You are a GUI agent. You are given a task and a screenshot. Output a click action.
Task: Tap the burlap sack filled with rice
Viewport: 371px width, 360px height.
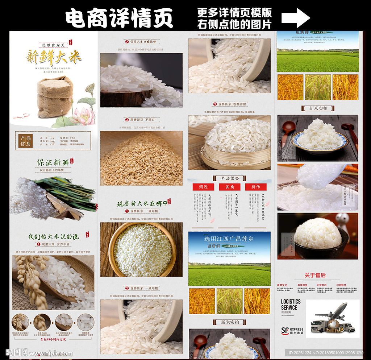[54, 97]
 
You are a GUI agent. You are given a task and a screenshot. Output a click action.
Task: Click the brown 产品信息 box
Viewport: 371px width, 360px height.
[26, 141]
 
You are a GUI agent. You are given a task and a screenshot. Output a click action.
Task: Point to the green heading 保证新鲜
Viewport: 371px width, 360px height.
[53, 162]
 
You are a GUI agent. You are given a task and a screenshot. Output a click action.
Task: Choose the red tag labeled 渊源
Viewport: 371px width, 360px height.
[203, 187]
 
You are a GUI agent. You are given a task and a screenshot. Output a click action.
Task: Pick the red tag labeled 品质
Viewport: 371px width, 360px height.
[230, 187]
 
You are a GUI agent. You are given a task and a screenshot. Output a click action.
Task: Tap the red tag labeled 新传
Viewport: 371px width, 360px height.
[256, 187]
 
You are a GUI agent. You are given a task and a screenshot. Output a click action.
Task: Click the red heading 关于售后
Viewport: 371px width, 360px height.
[315, 275]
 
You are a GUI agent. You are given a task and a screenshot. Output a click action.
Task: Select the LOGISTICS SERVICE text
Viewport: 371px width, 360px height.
[291, 305]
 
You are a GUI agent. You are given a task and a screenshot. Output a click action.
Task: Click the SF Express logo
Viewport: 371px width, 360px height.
[292, 330]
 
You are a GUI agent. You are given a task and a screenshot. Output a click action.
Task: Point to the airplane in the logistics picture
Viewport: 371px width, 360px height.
[332, 312]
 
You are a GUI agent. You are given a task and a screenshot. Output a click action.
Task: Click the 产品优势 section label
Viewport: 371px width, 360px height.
[229, 178]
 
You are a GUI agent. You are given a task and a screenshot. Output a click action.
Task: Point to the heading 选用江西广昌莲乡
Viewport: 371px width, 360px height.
[229, 239]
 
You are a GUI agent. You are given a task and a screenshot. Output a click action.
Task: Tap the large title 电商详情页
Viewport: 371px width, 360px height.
[119, 18]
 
